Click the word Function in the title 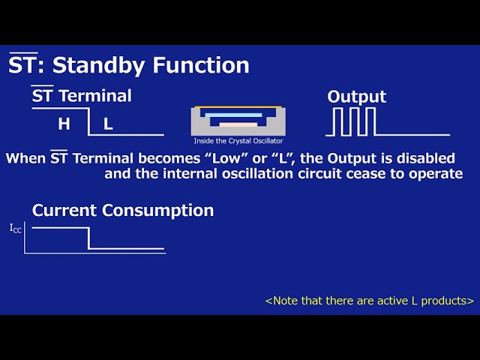pos(201,65)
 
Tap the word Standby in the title pos(98,66)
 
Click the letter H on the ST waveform pos(64,124)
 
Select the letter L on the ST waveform pos(108,124)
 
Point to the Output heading pos(357,97)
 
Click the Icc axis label pos(16,229)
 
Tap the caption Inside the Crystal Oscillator pos(238,141)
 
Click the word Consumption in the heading pos(158,211)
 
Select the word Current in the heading pos(64,210)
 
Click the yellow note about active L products pos(370,301)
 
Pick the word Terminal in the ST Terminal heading pos(95,96)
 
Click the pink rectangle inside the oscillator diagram pos(238,124)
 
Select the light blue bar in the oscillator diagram pos(233,115)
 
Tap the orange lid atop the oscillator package pos(238,107)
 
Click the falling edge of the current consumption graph pos(88,238)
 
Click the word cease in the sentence pos(367,174)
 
